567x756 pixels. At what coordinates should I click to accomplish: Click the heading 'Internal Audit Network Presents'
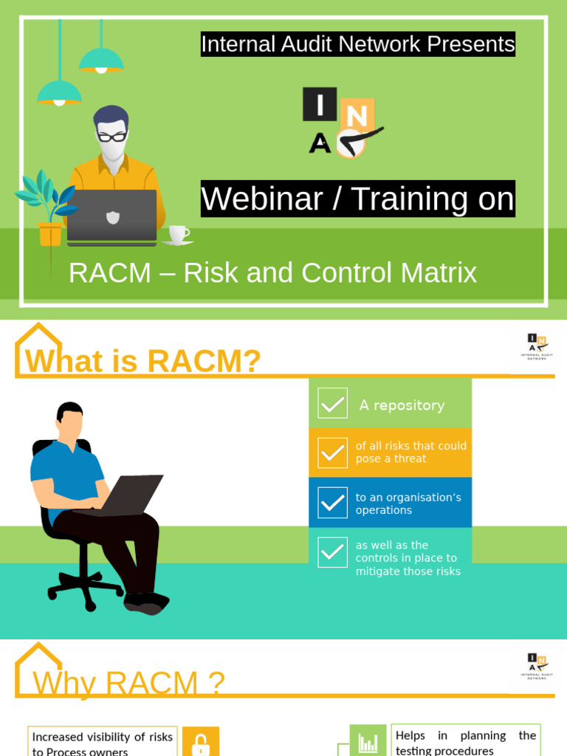358,44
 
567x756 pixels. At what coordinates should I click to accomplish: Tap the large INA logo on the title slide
342,123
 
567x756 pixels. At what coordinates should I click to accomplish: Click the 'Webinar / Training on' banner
358,199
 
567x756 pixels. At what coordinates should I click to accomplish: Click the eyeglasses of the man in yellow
112,137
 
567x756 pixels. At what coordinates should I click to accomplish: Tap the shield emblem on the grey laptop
112,217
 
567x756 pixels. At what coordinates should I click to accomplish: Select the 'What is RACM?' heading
143,361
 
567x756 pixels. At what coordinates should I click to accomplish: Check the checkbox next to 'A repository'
332,403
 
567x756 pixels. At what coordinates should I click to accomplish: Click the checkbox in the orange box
332,453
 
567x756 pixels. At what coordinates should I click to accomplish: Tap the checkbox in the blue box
332,503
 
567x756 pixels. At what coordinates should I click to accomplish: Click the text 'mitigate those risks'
408,571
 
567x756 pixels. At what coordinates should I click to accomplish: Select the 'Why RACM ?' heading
128,683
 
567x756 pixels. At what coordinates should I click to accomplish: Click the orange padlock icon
201,743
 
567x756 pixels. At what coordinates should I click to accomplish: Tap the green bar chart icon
368,741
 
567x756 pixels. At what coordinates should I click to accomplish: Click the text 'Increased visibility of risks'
102,737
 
